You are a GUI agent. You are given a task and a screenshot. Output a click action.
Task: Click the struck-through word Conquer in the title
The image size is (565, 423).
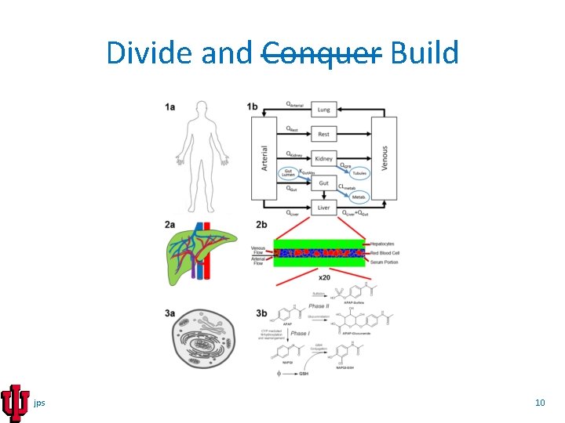pos(321,53)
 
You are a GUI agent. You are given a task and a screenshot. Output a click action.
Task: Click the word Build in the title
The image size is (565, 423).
pos(424,53)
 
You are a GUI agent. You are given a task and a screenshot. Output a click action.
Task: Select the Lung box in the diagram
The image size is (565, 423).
pos(323,110)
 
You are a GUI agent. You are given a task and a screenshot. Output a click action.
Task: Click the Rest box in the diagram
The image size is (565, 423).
pos(323,134)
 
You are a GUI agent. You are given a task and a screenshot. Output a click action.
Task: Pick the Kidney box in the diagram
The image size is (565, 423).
pos(323,158)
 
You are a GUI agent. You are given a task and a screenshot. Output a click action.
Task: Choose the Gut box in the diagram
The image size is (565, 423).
pos(323,183)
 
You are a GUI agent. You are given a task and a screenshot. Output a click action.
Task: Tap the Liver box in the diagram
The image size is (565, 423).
pos(323,207)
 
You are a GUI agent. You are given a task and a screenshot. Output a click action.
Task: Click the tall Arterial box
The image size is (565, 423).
pos(265,158)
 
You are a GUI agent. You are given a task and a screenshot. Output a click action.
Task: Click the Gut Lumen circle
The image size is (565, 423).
pos(289,174)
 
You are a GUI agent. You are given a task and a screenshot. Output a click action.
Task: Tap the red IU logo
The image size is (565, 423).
pos(15,403)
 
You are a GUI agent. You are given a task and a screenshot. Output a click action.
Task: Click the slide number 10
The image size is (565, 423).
pos(540,403)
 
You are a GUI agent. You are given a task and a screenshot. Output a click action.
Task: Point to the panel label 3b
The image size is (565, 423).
pos(261,313)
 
